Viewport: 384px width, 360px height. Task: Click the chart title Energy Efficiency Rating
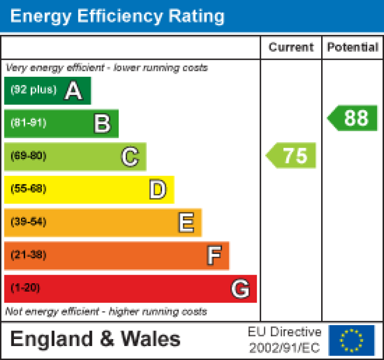pyautogui.click(x=117, y=16)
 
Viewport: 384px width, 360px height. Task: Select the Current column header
pyautogui.click(x=291, y=47)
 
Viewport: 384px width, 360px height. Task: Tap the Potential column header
pyautogui.click(x=353, y=47)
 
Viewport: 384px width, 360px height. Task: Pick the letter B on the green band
pyautogui.click(x=102, y=124)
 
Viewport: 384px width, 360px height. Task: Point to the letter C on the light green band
pyautogui.click(x=130, y=157)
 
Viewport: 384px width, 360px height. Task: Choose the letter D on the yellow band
pyautogui.click(x=158, y=189)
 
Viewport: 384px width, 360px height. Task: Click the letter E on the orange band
pyautogui.click(x=186, y=222)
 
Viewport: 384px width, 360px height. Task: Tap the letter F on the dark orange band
pyautogui.click(x=214, y=256)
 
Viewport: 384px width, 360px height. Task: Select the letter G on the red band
pyautogui.click(x=240, y=289)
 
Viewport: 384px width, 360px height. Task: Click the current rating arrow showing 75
pyautogui.click(x=292, y=156)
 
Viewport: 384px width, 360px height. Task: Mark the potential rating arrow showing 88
pyautogui.click(x=353, y=118)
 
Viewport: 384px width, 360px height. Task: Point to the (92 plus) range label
pyautogui.click(x=33, y=90)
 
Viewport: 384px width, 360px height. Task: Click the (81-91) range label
pyautogui.click(x=28, y=123)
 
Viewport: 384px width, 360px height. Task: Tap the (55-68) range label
pyautogui.click(x=28, y=189)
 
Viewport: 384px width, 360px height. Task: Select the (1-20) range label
pyautogui.click(x=25, y=288)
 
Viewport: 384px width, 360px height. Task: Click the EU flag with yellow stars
pyautogui.click(x=351, y=340)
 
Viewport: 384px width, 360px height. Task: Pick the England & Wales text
pyautogui.click(x=95, y=339)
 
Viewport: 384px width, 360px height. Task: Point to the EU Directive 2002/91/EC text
pyautogui.click(x=285, y=340)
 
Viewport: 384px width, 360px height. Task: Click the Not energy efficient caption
pyautogui.click(x=106, y=312)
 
